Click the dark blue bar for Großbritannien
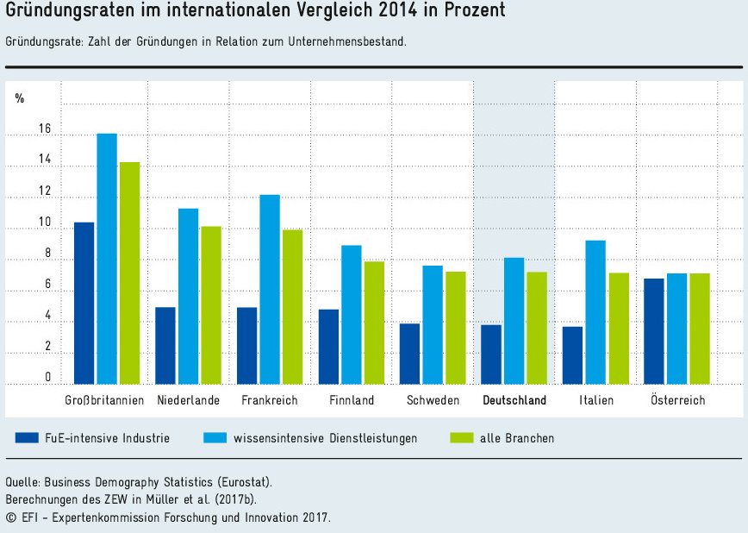(84, 303)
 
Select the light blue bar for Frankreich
(270, 289)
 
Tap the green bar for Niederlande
(211, 305)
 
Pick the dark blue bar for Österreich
(653, 331)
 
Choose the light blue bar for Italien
(595, 312)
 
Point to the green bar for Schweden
(455, 328)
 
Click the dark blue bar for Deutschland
(491, 354)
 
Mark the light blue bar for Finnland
(351, 315)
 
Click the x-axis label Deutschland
(514, 400)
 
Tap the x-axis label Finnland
(352, 400)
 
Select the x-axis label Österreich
(678, 400)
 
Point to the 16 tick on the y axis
(45, 129)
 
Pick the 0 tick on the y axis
(47, 378)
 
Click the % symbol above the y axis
(20, 98)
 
